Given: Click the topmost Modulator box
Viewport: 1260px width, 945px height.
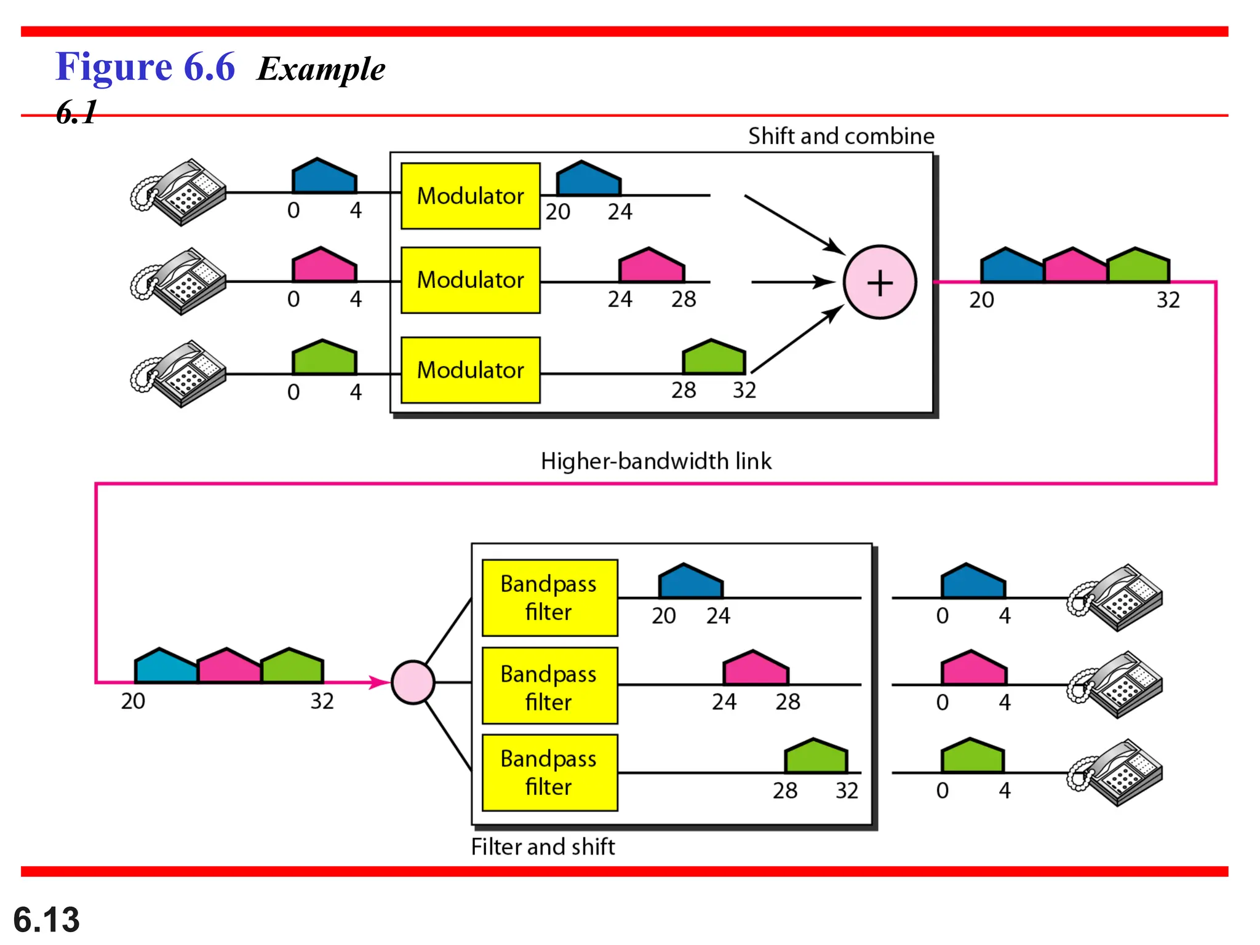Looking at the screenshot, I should [x=470, y=196].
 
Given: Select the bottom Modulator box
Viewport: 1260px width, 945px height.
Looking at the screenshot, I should [x=470, y=370].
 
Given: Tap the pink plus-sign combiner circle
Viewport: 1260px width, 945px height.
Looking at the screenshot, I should [x=879, y=282].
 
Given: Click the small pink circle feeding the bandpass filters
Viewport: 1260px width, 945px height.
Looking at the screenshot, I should [x=413, y=682].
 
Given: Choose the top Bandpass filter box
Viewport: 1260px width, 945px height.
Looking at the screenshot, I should [x=549, y=597].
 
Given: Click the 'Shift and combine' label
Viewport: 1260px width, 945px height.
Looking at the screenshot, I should [x=840, y=136].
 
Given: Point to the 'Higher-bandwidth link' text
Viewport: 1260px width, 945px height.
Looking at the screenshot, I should [x=655, y=461].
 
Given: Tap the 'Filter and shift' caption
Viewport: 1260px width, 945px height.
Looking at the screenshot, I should [x=543, y=847].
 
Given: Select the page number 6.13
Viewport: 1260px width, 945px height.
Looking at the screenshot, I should [x=46, y=919].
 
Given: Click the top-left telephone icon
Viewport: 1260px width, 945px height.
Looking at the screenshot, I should [x=179, y=192].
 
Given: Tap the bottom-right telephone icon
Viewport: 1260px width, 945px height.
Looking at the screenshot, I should [x=1115, y=772].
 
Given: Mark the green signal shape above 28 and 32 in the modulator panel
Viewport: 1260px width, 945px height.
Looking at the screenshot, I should [x=714, y=357].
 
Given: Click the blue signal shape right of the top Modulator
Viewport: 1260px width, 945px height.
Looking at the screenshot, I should [x=588, y=180].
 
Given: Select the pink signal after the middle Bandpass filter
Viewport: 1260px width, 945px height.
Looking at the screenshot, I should [x=756, y=669].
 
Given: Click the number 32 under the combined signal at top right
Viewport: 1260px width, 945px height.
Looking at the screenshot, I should [x=1168, y=300].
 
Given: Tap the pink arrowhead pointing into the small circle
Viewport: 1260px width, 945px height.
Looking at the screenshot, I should [x=380, y=682].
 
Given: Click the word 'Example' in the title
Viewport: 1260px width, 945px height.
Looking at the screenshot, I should [x=321, y=68].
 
